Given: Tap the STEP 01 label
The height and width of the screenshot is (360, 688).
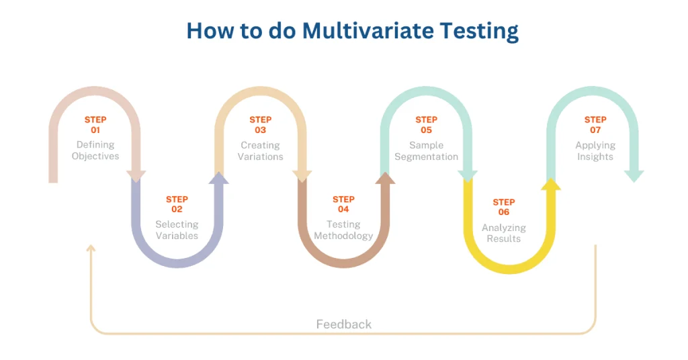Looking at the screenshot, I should click(95, 125).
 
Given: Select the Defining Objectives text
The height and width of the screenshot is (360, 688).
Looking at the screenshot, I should click(95, 150).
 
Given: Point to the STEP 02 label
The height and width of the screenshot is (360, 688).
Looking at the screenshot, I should click(177, 204).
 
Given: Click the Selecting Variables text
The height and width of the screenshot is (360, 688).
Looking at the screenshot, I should click(177, 230).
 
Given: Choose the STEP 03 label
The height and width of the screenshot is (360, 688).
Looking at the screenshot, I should click(260, 125).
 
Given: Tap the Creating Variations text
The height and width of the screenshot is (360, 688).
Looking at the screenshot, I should click(260, 150).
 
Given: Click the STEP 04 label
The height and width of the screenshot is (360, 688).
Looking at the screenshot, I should click(343, 204).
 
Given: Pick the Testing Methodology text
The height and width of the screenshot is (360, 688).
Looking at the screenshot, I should click(343, 230).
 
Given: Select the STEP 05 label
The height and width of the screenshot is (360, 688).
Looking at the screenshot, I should click(426, 125).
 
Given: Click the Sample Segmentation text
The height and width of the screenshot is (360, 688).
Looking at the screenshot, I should click(426, 150).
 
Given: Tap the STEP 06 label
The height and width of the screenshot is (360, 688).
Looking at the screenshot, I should click(504, 207).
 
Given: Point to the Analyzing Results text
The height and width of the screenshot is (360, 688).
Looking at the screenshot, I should click(504, 233).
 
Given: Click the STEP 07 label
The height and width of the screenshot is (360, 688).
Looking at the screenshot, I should click(595, 125).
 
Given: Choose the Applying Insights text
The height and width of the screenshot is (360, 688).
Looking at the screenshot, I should click(595, 150).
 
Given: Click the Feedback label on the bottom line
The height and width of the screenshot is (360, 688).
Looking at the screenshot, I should click(343, 324).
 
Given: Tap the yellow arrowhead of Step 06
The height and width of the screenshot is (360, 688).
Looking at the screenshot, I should click(551, 183).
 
